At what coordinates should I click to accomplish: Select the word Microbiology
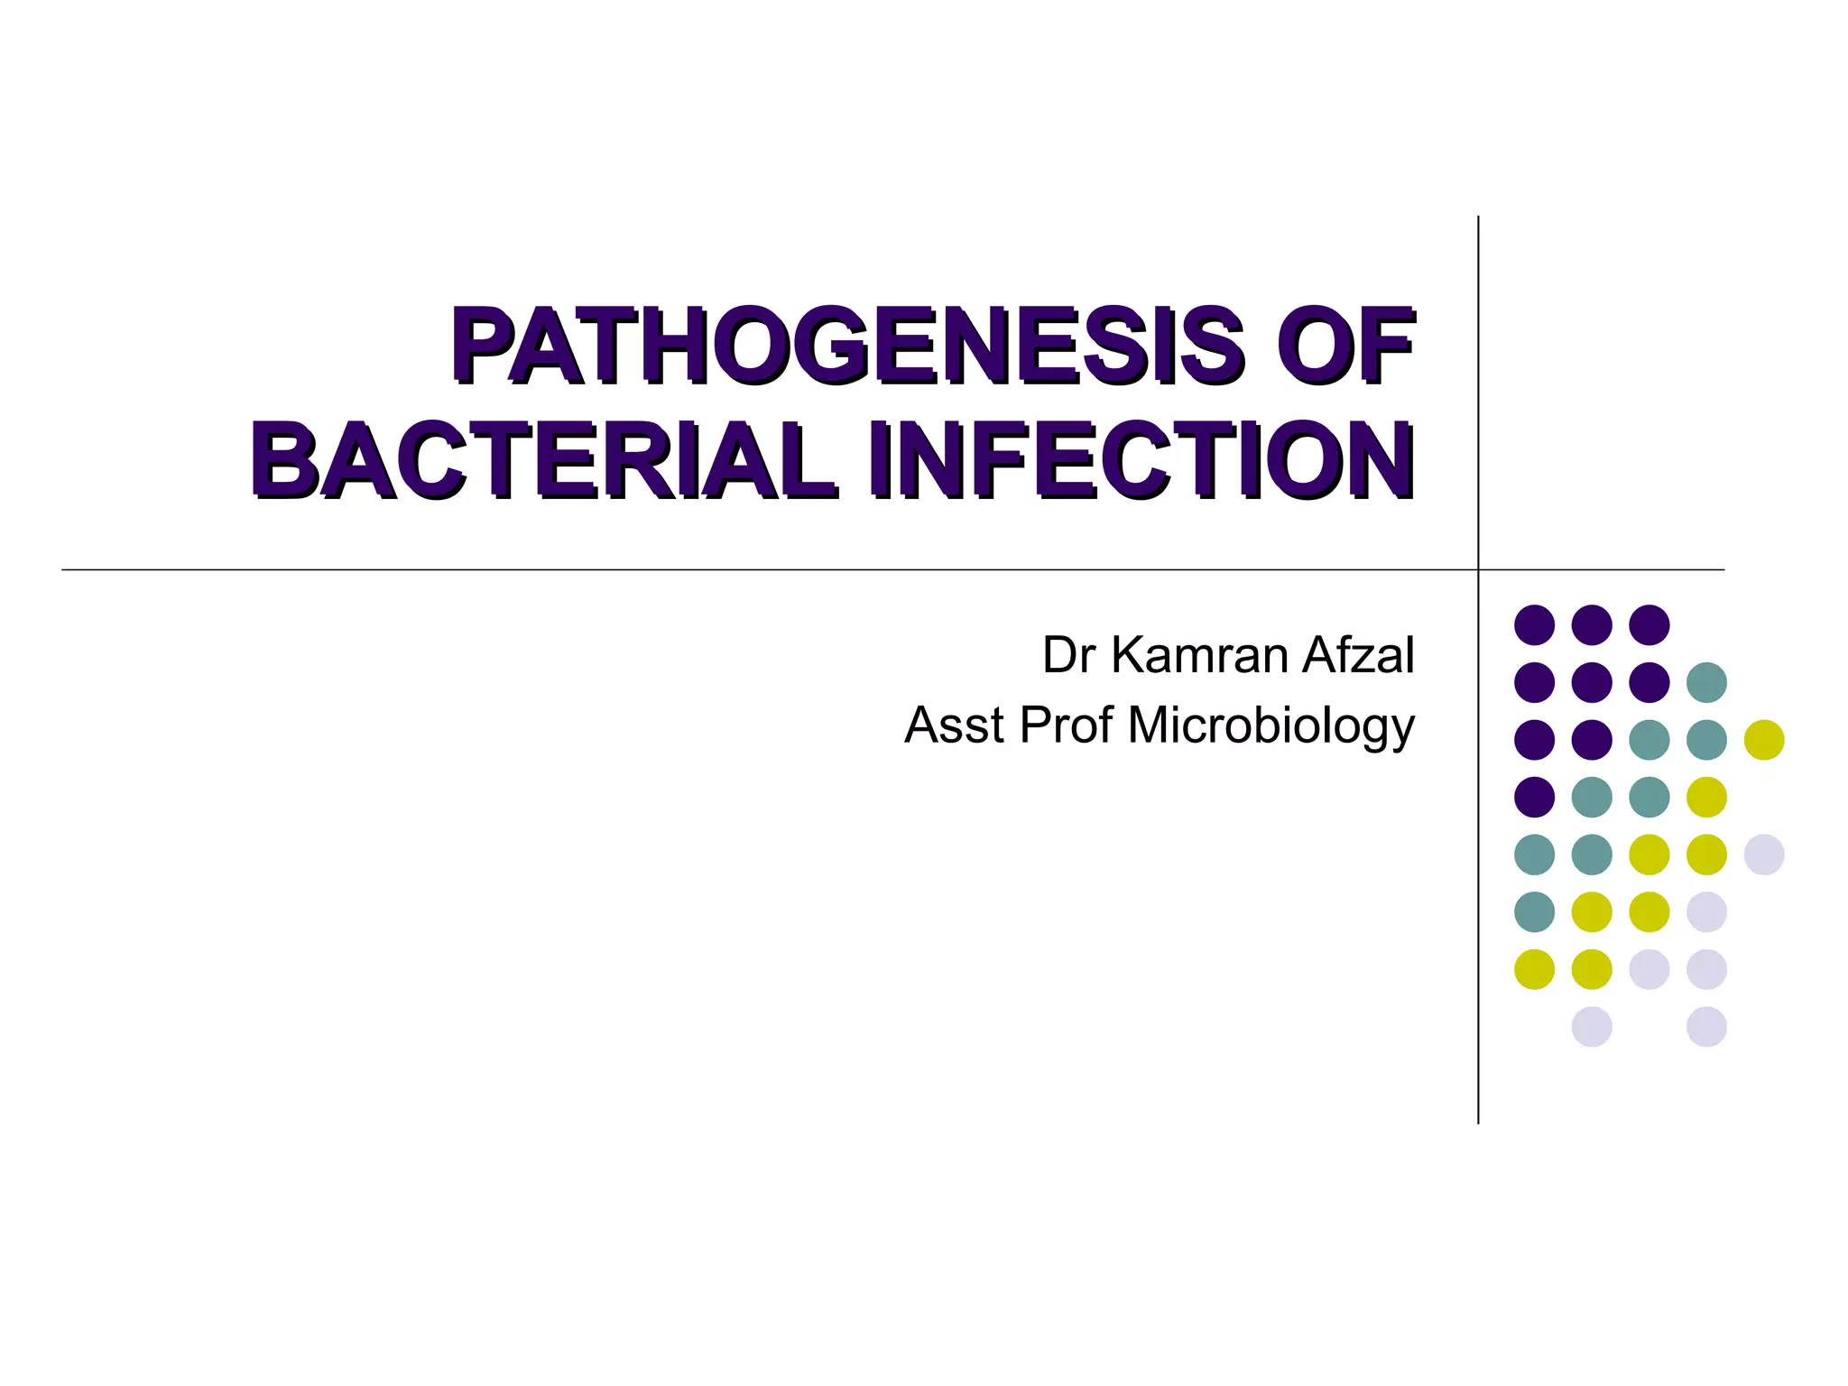pos(1270,727)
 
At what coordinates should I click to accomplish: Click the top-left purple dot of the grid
pos(1534,624)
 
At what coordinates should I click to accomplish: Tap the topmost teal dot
pos(1706,682)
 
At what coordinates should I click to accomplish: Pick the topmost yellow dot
pos(1764,740)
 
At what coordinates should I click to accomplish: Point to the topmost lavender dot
pos(1764,855)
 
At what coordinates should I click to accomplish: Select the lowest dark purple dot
pos(1534,797)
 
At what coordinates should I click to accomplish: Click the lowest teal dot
pos(1534,911)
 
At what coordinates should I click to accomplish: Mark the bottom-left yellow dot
pos(1534,969)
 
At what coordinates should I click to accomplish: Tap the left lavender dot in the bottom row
pos(1592,1027)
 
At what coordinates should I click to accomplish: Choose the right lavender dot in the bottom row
pos(1706,1027)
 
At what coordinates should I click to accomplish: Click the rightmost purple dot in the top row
pos(1649,624)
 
